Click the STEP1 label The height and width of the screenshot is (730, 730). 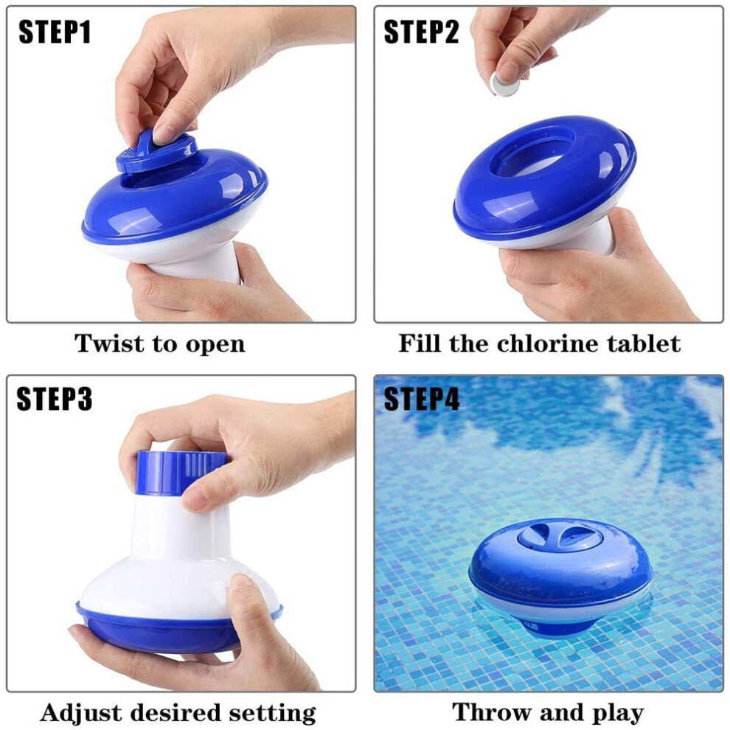[x=55, y=32]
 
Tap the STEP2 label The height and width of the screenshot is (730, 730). [x=421, y=32]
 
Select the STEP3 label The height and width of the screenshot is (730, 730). [x=54, y=399]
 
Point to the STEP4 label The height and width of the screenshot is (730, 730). [x=421, y=399]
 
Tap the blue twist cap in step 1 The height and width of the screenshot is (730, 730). [x=156, y=151]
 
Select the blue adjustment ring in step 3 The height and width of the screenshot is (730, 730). [x=181, y=472]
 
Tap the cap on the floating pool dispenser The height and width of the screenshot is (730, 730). [x=560, y=536]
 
